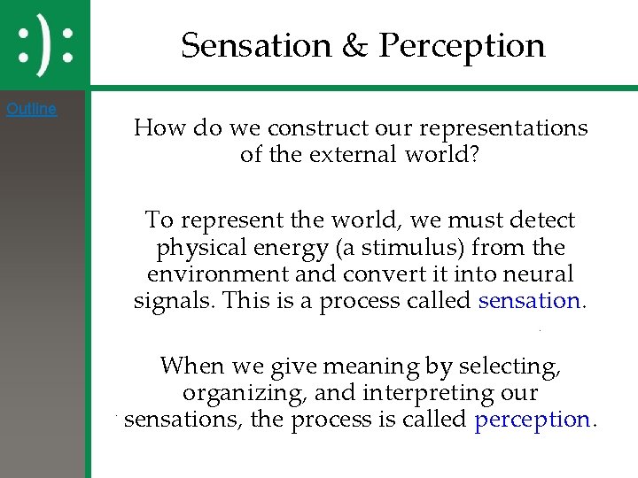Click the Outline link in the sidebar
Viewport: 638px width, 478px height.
pyautogui.click(x=31, y=110)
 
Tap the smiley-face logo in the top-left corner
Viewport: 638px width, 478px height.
pyautogui.click(x=45, y=42)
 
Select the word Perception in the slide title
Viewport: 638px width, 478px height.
pyautogui.click(x=462, y=45)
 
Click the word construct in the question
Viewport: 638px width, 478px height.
pyautogui.click(x=298, y=128)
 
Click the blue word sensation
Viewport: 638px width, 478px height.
pyautogui.click(x=528, y=301)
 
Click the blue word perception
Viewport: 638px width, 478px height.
pyautogui.click(x=532, y=420)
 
